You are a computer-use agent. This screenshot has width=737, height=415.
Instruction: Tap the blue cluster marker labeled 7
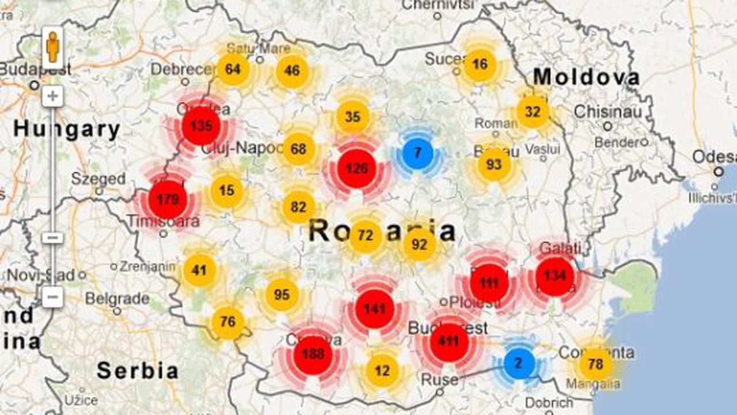[418, 153]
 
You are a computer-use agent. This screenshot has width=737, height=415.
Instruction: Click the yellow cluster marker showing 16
[480, 65]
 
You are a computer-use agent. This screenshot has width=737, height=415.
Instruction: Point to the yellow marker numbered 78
[595, 364]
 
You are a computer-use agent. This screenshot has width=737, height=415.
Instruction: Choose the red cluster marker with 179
[168, 200]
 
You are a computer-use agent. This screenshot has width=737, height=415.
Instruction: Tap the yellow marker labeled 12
[382, 370]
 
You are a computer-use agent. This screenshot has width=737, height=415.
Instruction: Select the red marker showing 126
[356, 169]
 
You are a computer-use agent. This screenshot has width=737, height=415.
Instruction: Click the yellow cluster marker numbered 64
[233, 70]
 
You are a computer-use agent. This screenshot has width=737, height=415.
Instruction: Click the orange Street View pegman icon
[52, 47]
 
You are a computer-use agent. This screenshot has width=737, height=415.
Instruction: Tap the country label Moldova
[586, 77]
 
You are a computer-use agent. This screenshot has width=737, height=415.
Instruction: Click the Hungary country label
[67, 129]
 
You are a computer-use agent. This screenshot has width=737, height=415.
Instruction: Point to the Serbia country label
[137, 371]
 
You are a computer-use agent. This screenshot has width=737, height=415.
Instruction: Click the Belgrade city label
[117, 299]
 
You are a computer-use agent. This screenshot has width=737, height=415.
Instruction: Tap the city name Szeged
[98, 178]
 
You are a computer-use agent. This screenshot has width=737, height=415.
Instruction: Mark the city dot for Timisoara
[164, 233]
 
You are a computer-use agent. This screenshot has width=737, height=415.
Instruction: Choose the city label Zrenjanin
[147, 266]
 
